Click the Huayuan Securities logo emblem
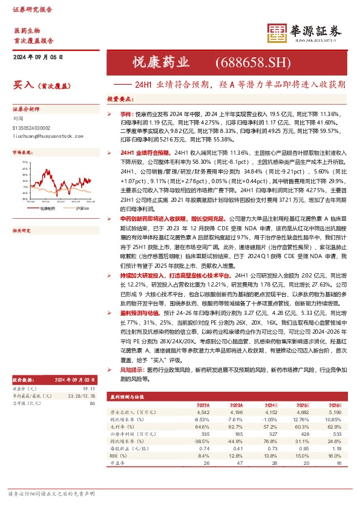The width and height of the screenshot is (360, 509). [277, 33]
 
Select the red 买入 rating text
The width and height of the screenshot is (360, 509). [22, 86]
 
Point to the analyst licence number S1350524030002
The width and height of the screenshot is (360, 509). [34, 128]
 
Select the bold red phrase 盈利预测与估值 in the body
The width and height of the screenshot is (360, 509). [140, 313]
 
